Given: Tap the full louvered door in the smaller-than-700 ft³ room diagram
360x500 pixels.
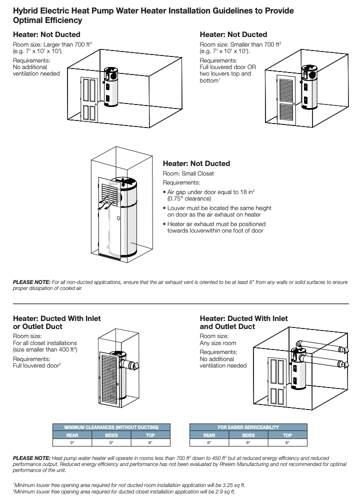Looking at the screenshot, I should (x=286, y=99).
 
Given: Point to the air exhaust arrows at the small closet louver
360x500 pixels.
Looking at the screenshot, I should (x=106, y=204).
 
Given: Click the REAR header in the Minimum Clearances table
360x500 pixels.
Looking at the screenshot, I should (x=72, y=435).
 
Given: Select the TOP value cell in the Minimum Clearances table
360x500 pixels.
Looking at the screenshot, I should (x=150, y=442).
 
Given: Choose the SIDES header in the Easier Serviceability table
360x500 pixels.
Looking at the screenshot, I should (x=248, y=435).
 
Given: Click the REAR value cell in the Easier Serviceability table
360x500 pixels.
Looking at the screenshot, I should (x=209, y=442).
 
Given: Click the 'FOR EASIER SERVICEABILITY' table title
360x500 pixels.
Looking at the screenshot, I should (x=248, y=427).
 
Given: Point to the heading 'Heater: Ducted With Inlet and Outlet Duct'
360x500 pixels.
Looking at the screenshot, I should (x=243, y=322).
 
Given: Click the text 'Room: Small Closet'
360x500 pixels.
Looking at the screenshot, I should (x=188, y=173).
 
